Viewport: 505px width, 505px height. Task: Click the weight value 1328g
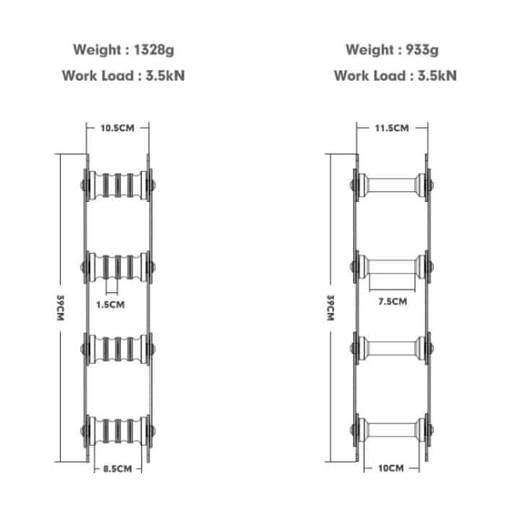pos(154,50)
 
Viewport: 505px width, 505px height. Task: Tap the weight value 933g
pos(422,50)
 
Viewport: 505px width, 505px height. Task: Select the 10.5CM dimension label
pos(117,128)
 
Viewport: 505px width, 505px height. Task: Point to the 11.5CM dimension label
pos(392,128)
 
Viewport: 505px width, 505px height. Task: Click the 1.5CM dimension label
pos(110,304)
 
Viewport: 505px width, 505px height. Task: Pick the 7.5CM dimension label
pos(392,302)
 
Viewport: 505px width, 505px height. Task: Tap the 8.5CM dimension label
pos(118,469)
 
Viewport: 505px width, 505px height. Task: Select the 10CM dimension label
pos(391,468)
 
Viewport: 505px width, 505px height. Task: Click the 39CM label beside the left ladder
pos(60,308)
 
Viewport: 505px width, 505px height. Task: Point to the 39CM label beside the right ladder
pos(330,308)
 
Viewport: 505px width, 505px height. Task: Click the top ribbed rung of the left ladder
pos(118,185)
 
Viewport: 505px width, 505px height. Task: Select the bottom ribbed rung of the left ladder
pos(118,431)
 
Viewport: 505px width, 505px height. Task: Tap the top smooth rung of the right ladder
pos(392,185)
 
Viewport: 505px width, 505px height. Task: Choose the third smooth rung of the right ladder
pos(392,348)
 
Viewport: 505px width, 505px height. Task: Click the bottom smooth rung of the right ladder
pos(392,430)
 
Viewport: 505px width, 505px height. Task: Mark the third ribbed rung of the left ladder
pos(118,349)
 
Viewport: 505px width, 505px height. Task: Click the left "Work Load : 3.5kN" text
pos(123,76)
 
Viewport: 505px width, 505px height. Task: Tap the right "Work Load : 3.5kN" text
pos(395,76)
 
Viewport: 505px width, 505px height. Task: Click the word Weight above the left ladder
pos(97,50)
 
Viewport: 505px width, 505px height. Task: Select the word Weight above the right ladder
pos(369,50)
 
